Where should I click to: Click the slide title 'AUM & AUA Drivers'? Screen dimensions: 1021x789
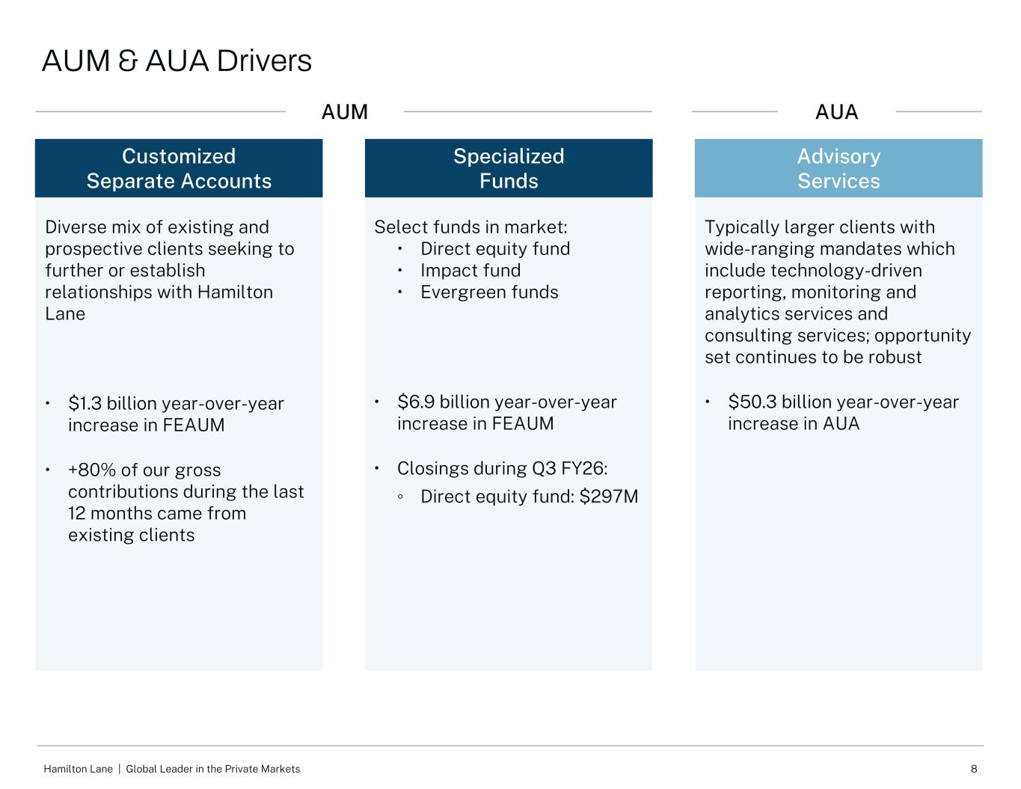(177, 61)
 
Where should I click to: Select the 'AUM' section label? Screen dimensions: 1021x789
(344, 112)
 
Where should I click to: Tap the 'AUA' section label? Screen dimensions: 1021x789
(836, 112)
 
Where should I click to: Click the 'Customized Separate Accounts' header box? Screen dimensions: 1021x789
(179, 168)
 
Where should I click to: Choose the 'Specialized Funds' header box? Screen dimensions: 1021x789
(509, 168)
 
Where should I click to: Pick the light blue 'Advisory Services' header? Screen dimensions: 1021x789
(838, 168)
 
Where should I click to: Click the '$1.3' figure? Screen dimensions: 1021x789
(85, 403)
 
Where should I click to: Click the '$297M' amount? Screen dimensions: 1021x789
(609, 497)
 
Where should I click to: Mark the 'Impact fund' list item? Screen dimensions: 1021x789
(470, 271)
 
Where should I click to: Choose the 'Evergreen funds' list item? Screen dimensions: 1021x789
(489, 292)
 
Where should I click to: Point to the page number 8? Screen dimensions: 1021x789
(974, 769)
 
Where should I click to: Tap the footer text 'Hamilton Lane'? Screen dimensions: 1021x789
(78, 769)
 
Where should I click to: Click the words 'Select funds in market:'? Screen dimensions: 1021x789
(470, 227)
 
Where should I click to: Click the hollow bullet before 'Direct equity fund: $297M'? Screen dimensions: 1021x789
(400, 497)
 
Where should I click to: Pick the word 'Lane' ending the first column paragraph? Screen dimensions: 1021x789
(65, 313)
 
